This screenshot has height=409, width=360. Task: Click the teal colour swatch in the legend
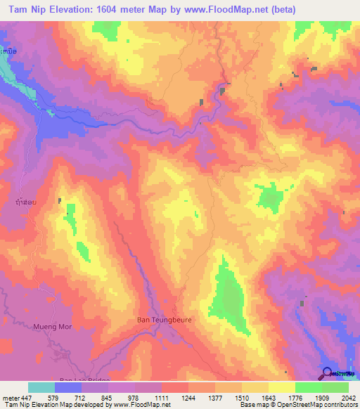[41, 387]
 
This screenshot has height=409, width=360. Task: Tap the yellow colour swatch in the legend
[282, 387]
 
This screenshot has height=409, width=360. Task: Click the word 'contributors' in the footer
[339, 405]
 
